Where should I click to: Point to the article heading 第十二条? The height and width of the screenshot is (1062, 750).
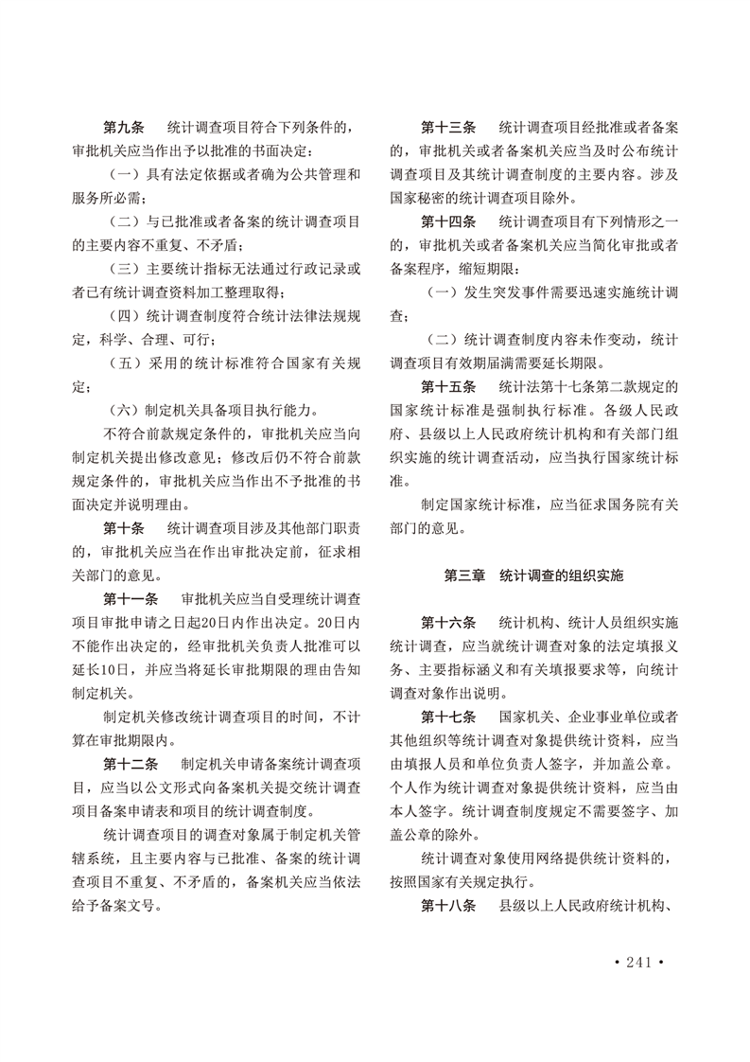pyautogui.click(x=131, y=763)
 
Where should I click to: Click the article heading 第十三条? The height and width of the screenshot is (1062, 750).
pyautogui.click(x=449, y=127)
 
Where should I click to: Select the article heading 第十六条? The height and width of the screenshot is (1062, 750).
pyautogui.click(x=449, y=623)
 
